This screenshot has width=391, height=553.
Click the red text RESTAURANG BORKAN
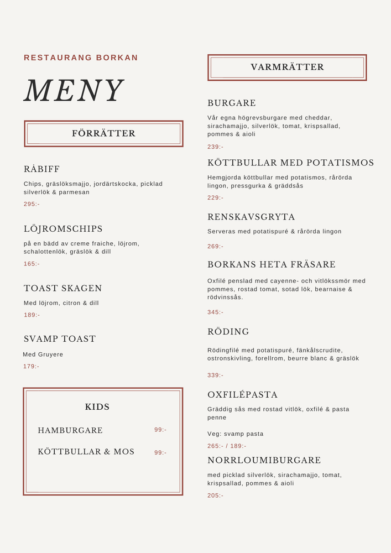81,58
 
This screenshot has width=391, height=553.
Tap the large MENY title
74,91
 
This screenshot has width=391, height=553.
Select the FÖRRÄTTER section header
103,133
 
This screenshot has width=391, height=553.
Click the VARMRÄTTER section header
287,67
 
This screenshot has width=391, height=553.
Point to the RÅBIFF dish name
41,169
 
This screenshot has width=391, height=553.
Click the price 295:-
32,204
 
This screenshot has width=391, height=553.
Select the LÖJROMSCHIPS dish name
63,229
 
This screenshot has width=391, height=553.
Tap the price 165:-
32,264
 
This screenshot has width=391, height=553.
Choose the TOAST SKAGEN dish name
62,288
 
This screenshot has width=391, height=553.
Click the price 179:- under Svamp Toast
32,366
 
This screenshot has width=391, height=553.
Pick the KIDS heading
97,407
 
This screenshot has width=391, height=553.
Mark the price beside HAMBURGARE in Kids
160,430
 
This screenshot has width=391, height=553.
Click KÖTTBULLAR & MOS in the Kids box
86,452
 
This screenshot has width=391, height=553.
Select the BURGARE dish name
232,103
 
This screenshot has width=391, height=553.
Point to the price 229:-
216,197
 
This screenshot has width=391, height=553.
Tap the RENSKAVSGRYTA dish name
251,217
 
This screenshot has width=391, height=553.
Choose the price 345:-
216,312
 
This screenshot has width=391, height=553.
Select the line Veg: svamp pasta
236,434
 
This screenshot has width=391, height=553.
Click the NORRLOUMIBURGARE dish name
264,460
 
